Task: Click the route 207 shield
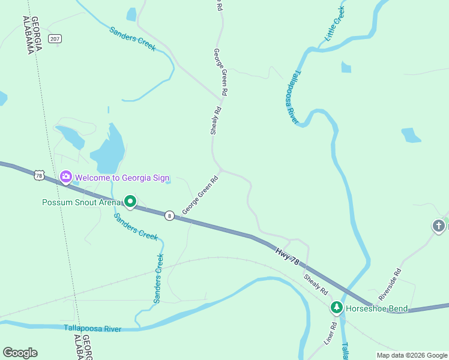[56, 38]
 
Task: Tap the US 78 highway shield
[39, 175]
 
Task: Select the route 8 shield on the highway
[170, 215]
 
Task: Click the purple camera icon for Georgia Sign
[66, 177]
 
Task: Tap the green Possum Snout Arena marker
[130, 202]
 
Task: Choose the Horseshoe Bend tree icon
[337, 308]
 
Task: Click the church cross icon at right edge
[439, 226]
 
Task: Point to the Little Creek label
[335, 23]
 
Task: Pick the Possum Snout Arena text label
[81, 202]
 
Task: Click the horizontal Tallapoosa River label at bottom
[92, 328]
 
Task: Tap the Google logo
[20, 353]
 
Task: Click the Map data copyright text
[412, 355]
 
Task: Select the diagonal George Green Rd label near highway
[200, 194]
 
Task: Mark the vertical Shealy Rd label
[216, 121]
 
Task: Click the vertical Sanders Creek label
[158, 278]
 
